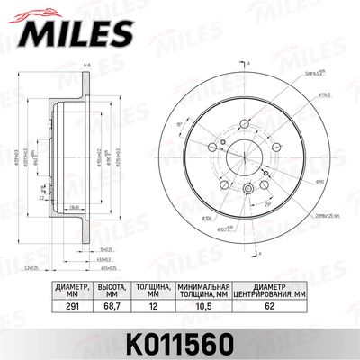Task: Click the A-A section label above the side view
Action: [85, 67]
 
